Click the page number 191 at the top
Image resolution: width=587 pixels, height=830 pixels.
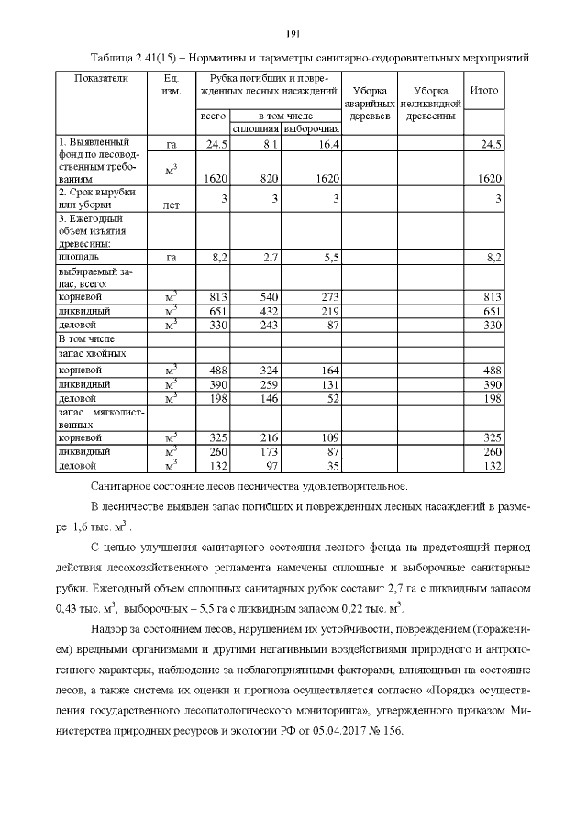293,34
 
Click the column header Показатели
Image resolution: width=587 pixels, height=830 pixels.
100,78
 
